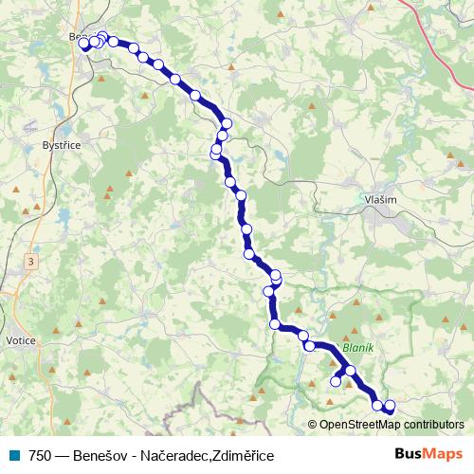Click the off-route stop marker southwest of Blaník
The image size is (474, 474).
(x=335, y=381)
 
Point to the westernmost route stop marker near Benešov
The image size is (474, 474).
(x=83, y=44)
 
